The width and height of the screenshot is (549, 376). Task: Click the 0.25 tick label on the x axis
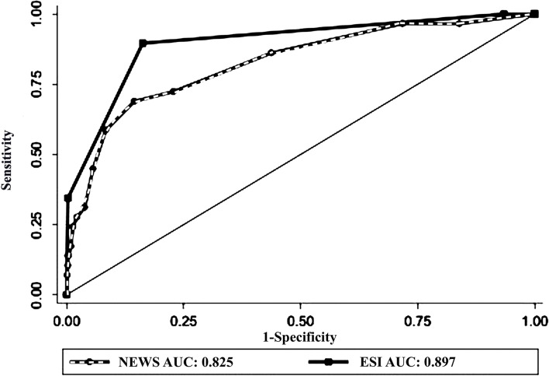(184, 320)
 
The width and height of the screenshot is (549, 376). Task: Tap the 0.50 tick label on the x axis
(301, 320)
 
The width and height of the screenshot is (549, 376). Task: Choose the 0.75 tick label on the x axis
(418, 320)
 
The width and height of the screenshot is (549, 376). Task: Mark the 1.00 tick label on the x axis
(534, 320)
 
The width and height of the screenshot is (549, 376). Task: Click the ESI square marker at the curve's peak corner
(143, 44)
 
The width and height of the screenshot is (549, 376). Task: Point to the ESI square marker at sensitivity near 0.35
(68, 198)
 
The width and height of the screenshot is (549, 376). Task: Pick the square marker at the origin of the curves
(67, 294)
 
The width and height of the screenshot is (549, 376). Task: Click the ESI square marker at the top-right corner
(534, 14)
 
